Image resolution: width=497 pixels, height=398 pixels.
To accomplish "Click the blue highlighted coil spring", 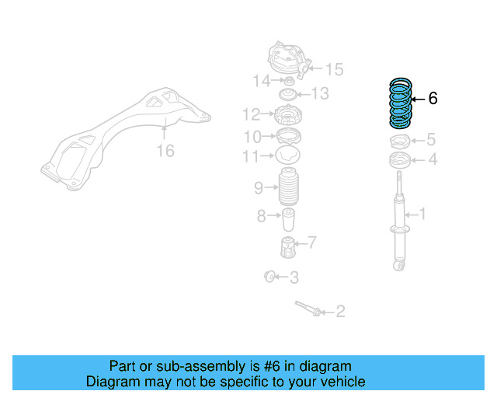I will (400, 104).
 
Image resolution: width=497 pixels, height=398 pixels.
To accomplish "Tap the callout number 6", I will (433, 99).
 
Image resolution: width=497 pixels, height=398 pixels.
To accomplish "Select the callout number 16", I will (165, 151).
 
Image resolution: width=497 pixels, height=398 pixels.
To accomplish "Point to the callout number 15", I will (333, 70).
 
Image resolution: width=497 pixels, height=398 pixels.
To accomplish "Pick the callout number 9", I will (259, 187).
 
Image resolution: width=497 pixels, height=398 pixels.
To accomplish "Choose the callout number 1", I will (422, 213).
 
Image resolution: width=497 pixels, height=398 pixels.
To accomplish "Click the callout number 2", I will (339, 312).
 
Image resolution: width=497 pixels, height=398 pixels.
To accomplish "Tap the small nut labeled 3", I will (269, 275).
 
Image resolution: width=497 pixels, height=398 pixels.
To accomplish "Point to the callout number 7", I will (311, 243).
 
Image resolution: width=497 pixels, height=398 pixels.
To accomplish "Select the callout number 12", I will (250, 116).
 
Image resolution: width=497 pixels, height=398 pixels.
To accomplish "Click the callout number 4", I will (433, 160).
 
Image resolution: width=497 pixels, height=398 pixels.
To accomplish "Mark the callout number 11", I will (249, 157).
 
